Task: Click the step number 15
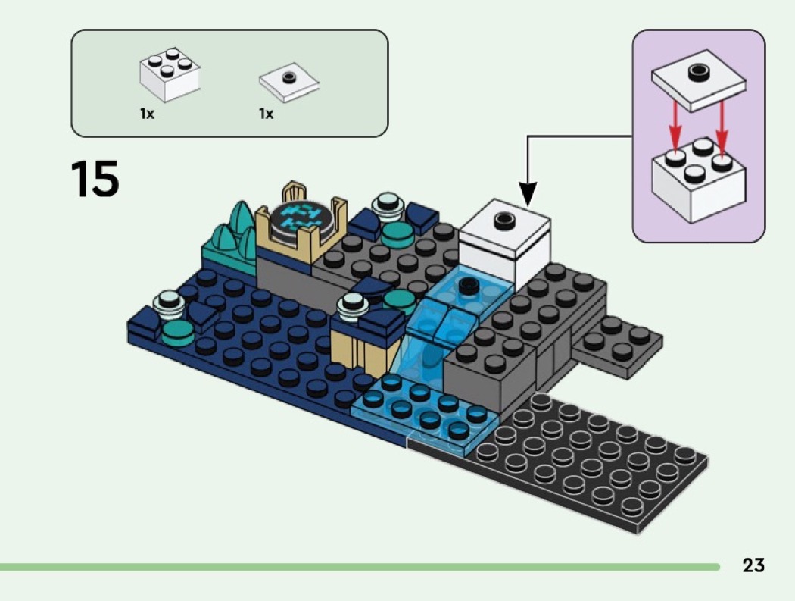click(x=95, y=180)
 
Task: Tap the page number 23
click(x=753, y=565)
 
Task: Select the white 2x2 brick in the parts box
click(x=170, y=76)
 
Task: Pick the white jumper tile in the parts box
click(x=288, y=83)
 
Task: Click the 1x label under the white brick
click(x=147, y=114)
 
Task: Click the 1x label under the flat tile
click(x=266, y=114)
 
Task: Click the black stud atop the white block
click(x=501, y=220)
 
